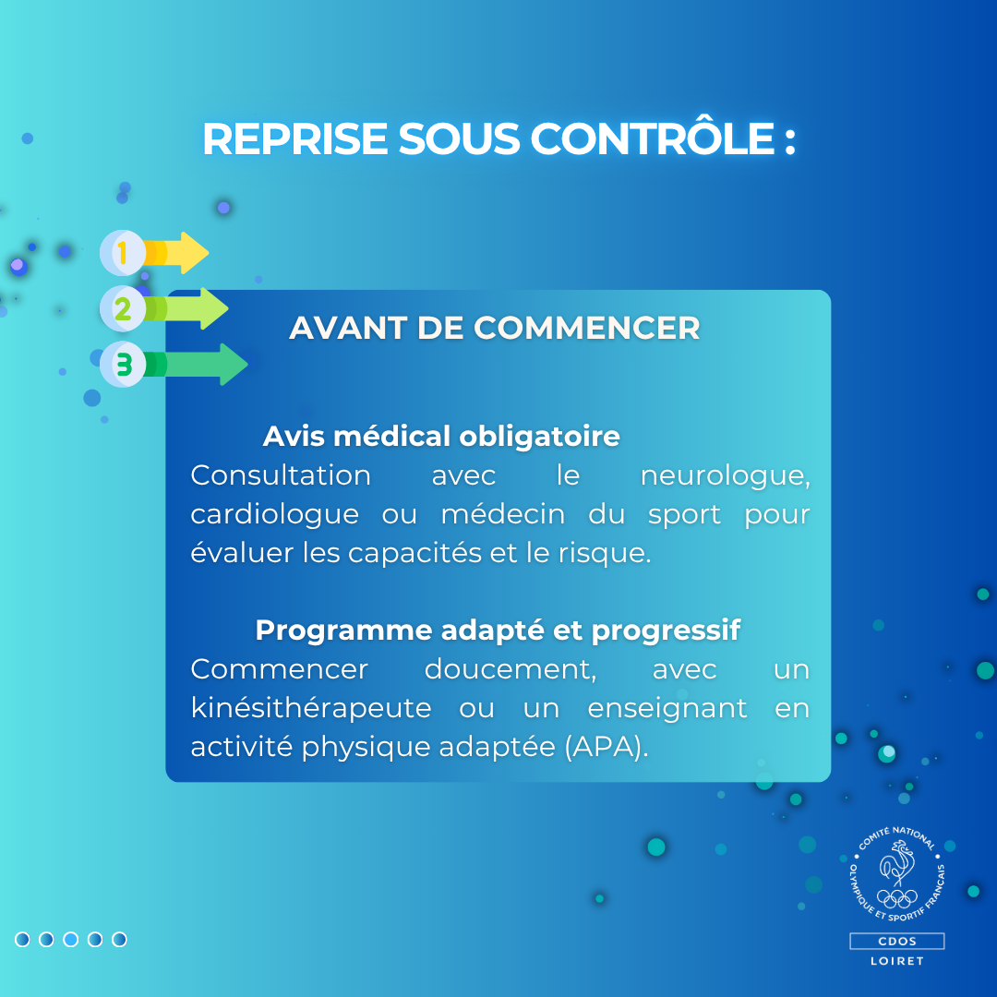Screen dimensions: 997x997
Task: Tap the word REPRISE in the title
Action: pyautogui.click(x=295, y=138)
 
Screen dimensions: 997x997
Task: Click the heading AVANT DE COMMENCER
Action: pyautogui.click(x=495, y=328)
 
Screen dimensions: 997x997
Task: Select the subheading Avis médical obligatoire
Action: pyautogui.click(x=441, y=436)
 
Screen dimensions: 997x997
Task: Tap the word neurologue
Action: pyautogui.click(x=725, y=476)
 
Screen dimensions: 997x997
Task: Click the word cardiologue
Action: pyautogui.click(x=275, y=514)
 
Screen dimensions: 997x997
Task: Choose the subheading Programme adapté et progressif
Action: pyautogui.click(x=498, y=631)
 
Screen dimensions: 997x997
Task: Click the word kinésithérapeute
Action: pyautogui.click(x=311, y=708)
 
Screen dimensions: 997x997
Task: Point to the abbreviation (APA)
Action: pyautogui.click(x=606, y=747)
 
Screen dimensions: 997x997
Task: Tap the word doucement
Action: pyautogui.click(x=511, y=669)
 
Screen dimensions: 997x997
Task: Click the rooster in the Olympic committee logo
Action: pyautogui.click(x=897, y=862)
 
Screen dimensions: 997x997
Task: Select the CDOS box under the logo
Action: pyautogui.click(x=897, y=941)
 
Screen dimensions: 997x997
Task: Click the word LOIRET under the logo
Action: pyautogui.click(x=897, y=961)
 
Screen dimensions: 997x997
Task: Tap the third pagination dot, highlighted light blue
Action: pyautogui.click(x=70, y=939)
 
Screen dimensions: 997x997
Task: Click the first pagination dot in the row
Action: pyautogui.click(x=22, y=939)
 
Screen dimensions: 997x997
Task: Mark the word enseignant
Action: pyautogui.click(x=667, y=709)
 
